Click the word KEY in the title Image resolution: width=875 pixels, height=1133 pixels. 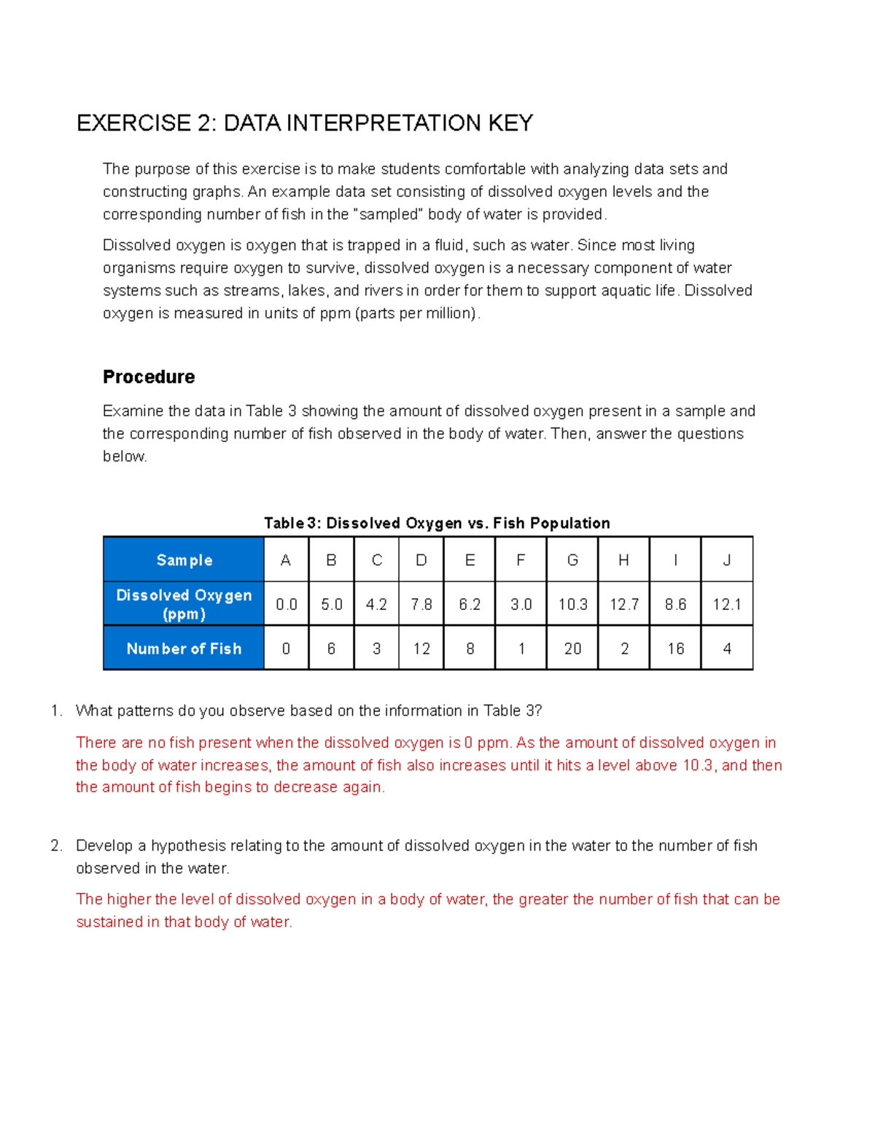[510, 123]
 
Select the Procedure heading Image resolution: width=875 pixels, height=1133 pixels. [149, 377]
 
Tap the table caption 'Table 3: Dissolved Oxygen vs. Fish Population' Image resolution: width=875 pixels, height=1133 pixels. [437, 523]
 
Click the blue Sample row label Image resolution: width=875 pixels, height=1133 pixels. [184, 560]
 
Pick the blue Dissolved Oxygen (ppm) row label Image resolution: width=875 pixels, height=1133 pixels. [184, 605]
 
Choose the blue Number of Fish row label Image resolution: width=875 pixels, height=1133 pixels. [184, 649]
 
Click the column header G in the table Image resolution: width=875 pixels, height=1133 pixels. [572, 560]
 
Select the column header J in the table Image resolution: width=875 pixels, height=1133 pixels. [726, 560]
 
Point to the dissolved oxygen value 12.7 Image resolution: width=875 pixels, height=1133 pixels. [624, 605]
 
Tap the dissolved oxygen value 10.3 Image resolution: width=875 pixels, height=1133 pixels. [572, 605]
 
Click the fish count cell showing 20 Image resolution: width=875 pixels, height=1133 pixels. [572, 649]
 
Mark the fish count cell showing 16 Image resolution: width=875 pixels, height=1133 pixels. [675, 649]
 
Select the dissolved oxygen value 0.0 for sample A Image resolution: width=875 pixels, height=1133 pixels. [286, 605]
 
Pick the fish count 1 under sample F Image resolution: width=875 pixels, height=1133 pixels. [521, 649]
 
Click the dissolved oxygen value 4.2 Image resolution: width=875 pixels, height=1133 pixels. [376, 605]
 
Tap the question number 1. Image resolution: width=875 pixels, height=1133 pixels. [56, 711]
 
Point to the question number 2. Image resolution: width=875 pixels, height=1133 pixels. [56, 846]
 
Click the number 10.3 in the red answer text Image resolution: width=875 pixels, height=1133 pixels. [698, 765]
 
